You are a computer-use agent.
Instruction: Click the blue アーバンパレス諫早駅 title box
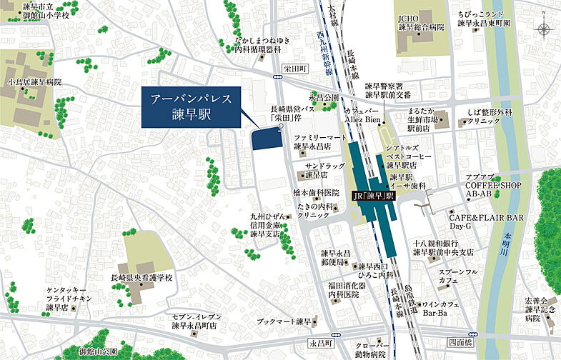coord(191,109)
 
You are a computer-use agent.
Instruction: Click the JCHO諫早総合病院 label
coord(421,22)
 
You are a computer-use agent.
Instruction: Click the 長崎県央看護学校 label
coord(141,278)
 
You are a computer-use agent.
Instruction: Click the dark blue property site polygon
coord(267,138)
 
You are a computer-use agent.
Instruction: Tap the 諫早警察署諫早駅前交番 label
coord(388,90)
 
